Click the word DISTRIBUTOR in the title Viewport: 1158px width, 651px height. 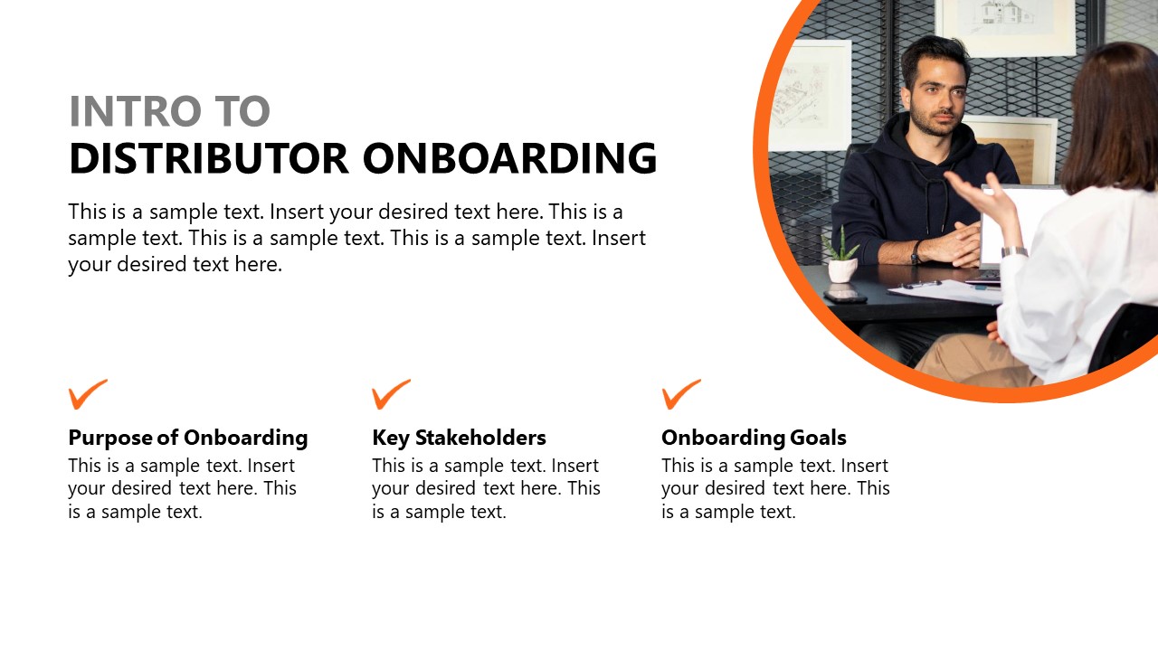click(x=208, y=158)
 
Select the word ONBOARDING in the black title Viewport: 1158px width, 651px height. click(x=509, y=158)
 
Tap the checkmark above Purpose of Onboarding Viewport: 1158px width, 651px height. click(x=88, y=393)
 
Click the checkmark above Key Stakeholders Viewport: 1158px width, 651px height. click(x=391, y=393)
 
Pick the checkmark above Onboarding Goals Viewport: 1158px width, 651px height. click(x=681, y=393)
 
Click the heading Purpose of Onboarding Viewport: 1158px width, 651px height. click(x=188, y=438)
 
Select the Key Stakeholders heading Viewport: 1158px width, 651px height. click(x=459, y=438)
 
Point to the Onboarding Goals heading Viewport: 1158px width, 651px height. click(x=754, y=438)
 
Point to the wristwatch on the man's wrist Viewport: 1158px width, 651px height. click(x=916, y=251)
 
